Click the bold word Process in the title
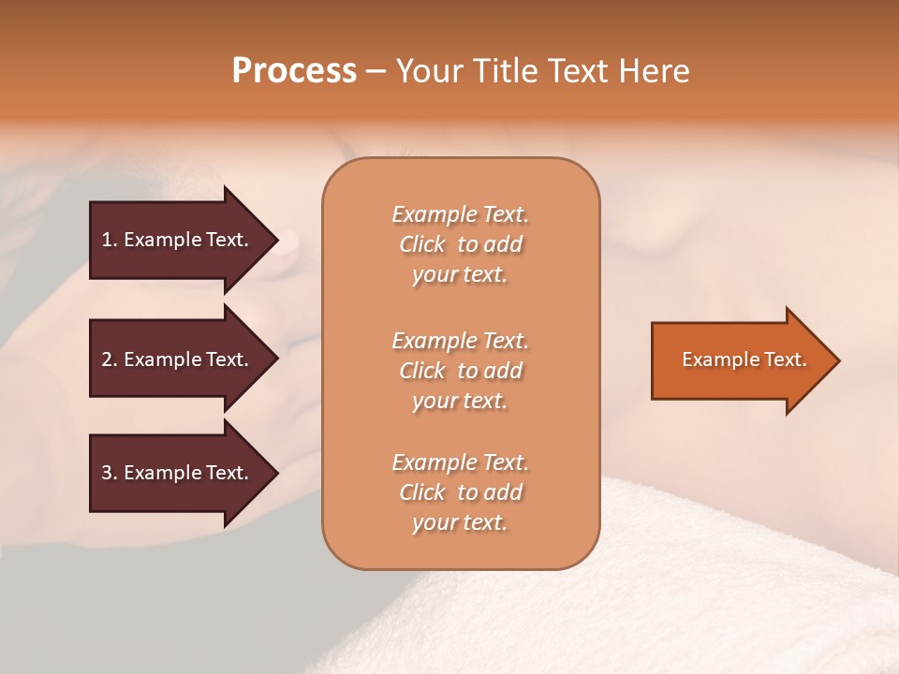click(x=294, y=71)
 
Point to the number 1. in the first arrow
click(x=110, y=241)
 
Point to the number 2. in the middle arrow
click(x=110, y=359)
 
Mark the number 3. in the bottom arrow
click(x=110, y=474)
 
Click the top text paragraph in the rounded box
click(x=460, y=244)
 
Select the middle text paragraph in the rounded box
click(x=460, y=371)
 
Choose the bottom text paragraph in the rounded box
click(x=460, y=492)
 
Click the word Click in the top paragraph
click(x=422, y=245)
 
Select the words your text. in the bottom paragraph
click(x=460, y=523)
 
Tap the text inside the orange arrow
click(x=744, y=359)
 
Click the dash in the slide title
click(x=376, y=72)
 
